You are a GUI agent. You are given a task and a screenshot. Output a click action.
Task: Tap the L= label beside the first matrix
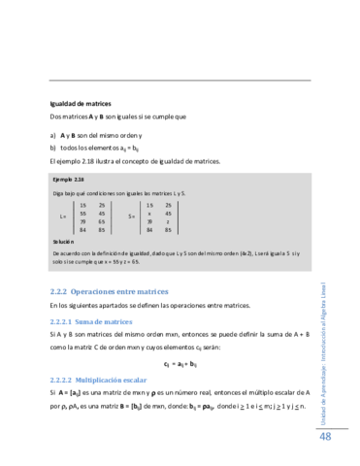tap(63, 216)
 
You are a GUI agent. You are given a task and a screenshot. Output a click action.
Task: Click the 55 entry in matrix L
tap(83, 213)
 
